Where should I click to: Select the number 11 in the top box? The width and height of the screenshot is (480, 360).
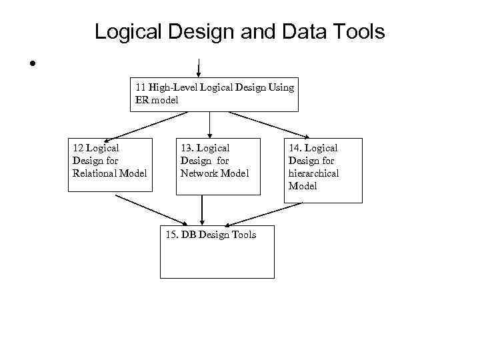141,87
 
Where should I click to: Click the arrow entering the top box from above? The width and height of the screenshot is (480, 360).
199,67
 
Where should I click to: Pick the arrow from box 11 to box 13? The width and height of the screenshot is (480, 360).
210,123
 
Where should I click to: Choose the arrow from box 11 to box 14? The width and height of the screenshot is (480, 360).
270,124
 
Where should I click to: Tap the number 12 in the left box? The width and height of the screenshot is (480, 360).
79,148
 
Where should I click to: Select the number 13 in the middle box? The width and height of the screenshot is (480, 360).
188,148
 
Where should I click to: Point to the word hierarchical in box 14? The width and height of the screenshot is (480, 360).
313,173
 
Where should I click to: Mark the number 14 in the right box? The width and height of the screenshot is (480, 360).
296,148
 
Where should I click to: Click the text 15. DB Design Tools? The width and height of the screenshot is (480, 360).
210,235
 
